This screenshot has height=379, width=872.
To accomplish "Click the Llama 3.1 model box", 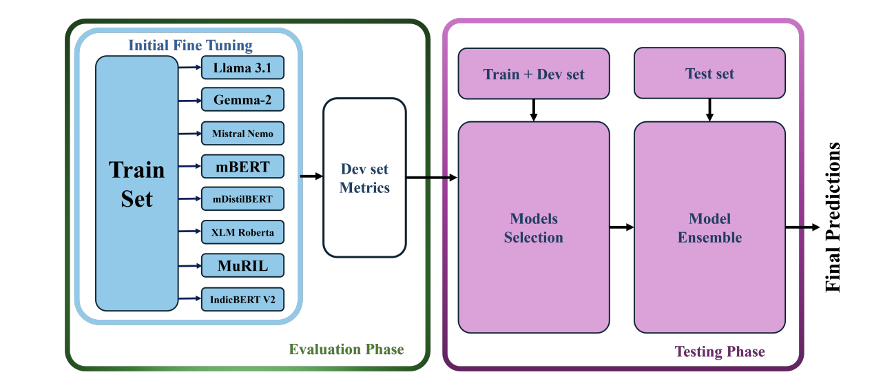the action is [x=242, y=68].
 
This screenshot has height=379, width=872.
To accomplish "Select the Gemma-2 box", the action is [x=242, y=100].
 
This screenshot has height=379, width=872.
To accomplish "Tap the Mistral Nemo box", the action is [x=242, y=134].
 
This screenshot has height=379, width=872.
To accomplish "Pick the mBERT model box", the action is [x=242, y=167].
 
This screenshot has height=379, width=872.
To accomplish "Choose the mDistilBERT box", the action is [x=242, y=199].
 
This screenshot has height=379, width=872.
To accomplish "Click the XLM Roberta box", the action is [x=242, y=232].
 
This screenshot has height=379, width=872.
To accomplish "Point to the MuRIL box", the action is [x=242, y=266].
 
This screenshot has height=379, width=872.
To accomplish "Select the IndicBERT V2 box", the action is [x=242, y=300].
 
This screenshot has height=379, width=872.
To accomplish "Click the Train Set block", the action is [x=136, y=183].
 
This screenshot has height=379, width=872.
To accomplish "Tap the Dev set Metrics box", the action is [x=364, y=178].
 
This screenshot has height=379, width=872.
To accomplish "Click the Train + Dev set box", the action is [x=534, y=74].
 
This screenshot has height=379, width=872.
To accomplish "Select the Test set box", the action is [x=709, y=73].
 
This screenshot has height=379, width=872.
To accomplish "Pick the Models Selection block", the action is [x=534, y=227].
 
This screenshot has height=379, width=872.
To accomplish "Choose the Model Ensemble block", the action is [x=709, y=227].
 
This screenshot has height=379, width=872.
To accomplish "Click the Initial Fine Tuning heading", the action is [x=190, y=45].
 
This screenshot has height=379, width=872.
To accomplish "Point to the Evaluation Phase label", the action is [x=346, y=349].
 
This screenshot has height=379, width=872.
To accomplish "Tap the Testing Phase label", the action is [x=720, y=351].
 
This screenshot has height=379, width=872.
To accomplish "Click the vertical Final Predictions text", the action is [x=833, y=217].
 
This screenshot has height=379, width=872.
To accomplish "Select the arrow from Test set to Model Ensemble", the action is [x=709, y=110].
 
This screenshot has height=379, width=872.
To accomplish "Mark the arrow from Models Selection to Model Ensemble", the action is [x=622, y=227].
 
